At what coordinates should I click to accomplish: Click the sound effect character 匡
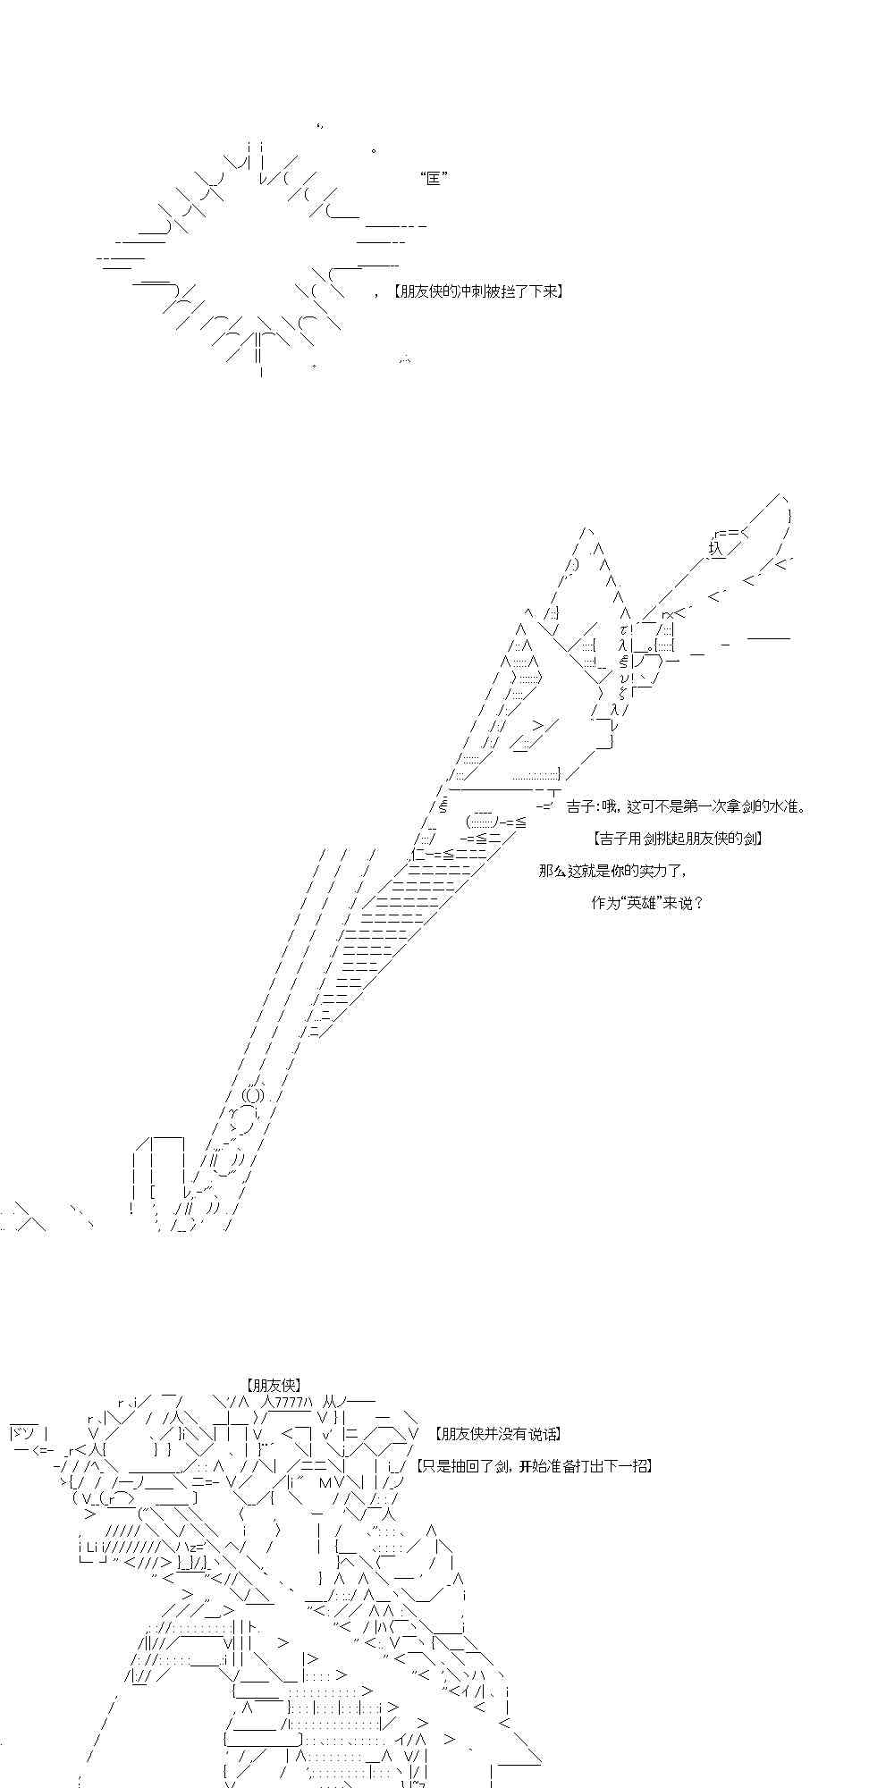(x=434, y=179)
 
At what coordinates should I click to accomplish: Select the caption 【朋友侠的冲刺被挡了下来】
(x=478, y=292)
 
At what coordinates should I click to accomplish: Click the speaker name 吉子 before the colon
(x=578, y=807)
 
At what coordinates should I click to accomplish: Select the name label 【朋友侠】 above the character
(x=274, y=1385)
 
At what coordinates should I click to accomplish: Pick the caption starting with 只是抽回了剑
(x=534, y=1466)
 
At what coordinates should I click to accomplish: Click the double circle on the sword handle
(x=253, y=1095)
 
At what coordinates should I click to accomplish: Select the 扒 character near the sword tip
(x=715, y=547)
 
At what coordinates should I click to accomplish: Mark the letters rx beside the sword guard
(x=668, y=614)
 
